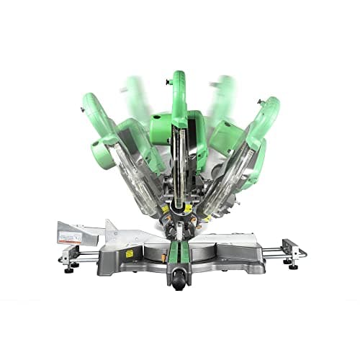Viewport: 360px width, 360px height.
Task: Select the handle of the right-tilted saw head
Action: coord(264,115)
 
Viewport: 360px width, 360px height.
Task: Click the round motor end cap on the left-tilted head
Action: coord(100,155)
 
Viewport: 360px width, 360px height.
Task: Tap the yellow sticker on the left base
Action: coord(130,253)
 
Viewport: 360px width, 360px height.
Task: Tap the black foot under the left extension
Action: coord(70,270)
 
